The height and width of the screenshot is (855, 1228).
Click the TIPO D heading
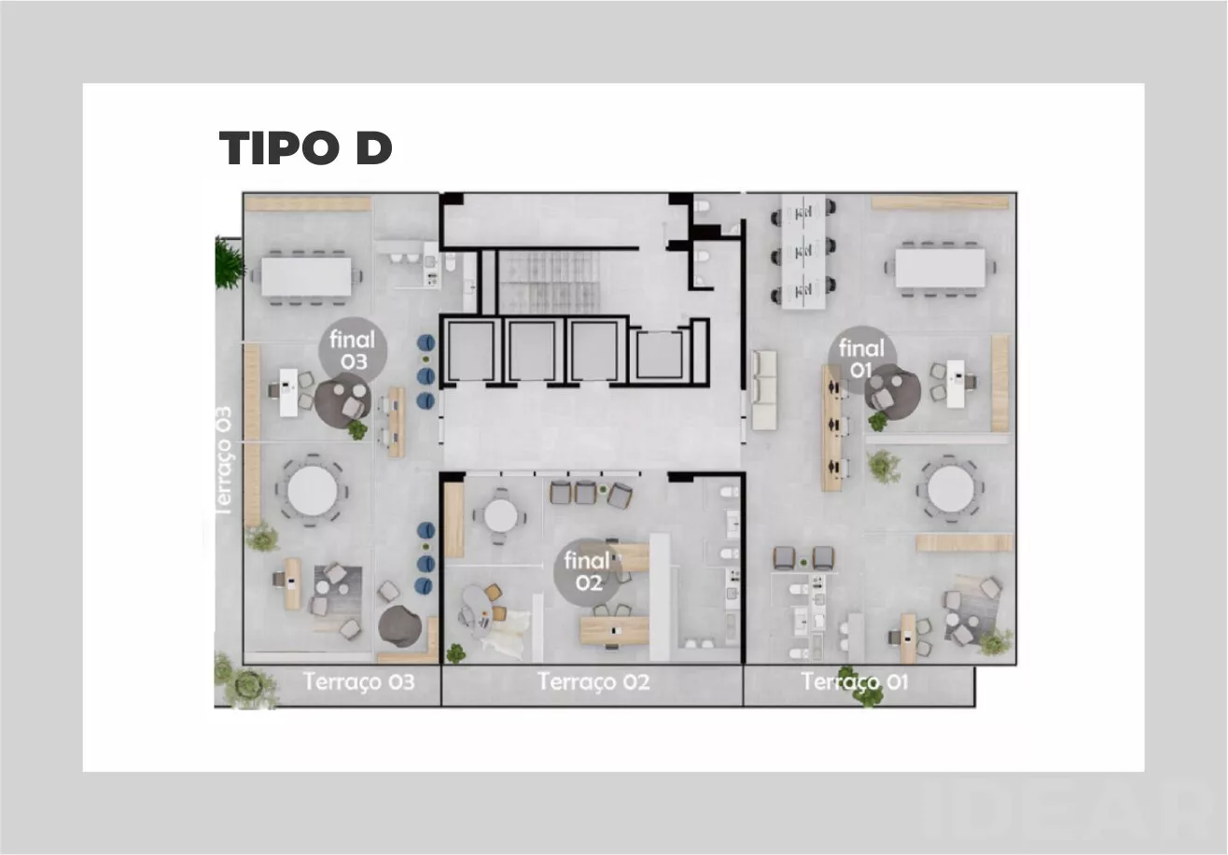305,147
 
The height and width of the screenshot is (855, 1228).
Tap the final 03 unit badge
353,350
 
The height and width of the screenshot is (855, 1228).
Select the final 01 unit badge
861,358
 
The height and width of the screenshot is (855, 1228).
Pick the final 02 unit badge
588,571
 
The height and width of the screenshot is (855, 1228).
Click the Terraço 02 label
593,681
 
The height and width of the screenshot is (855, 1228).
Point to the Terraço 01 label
854,681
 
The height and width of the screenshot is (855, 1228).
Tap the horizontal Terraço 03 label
358,681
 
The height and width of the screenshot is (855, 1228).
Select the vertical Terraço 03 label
224,461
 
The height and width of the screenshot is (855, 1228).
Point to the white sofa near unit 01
764,390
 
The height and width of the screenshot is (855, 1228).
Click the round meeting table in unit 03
312,490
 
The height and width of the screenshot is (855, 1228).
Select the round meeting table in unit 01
951,488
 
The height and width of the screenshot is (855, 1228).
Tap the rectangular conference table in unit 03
306,276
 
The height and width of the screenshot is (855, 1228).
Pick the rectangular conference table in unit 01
940,268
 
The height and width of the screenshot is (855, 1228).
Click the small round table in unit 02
500,515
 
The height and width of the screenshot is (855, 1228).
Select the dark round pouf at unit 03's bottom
399,624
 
